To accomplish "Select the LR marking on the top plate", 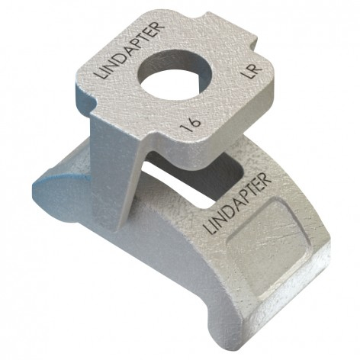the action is point(251,72).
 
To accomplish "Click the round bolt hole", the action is point(176,76).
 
